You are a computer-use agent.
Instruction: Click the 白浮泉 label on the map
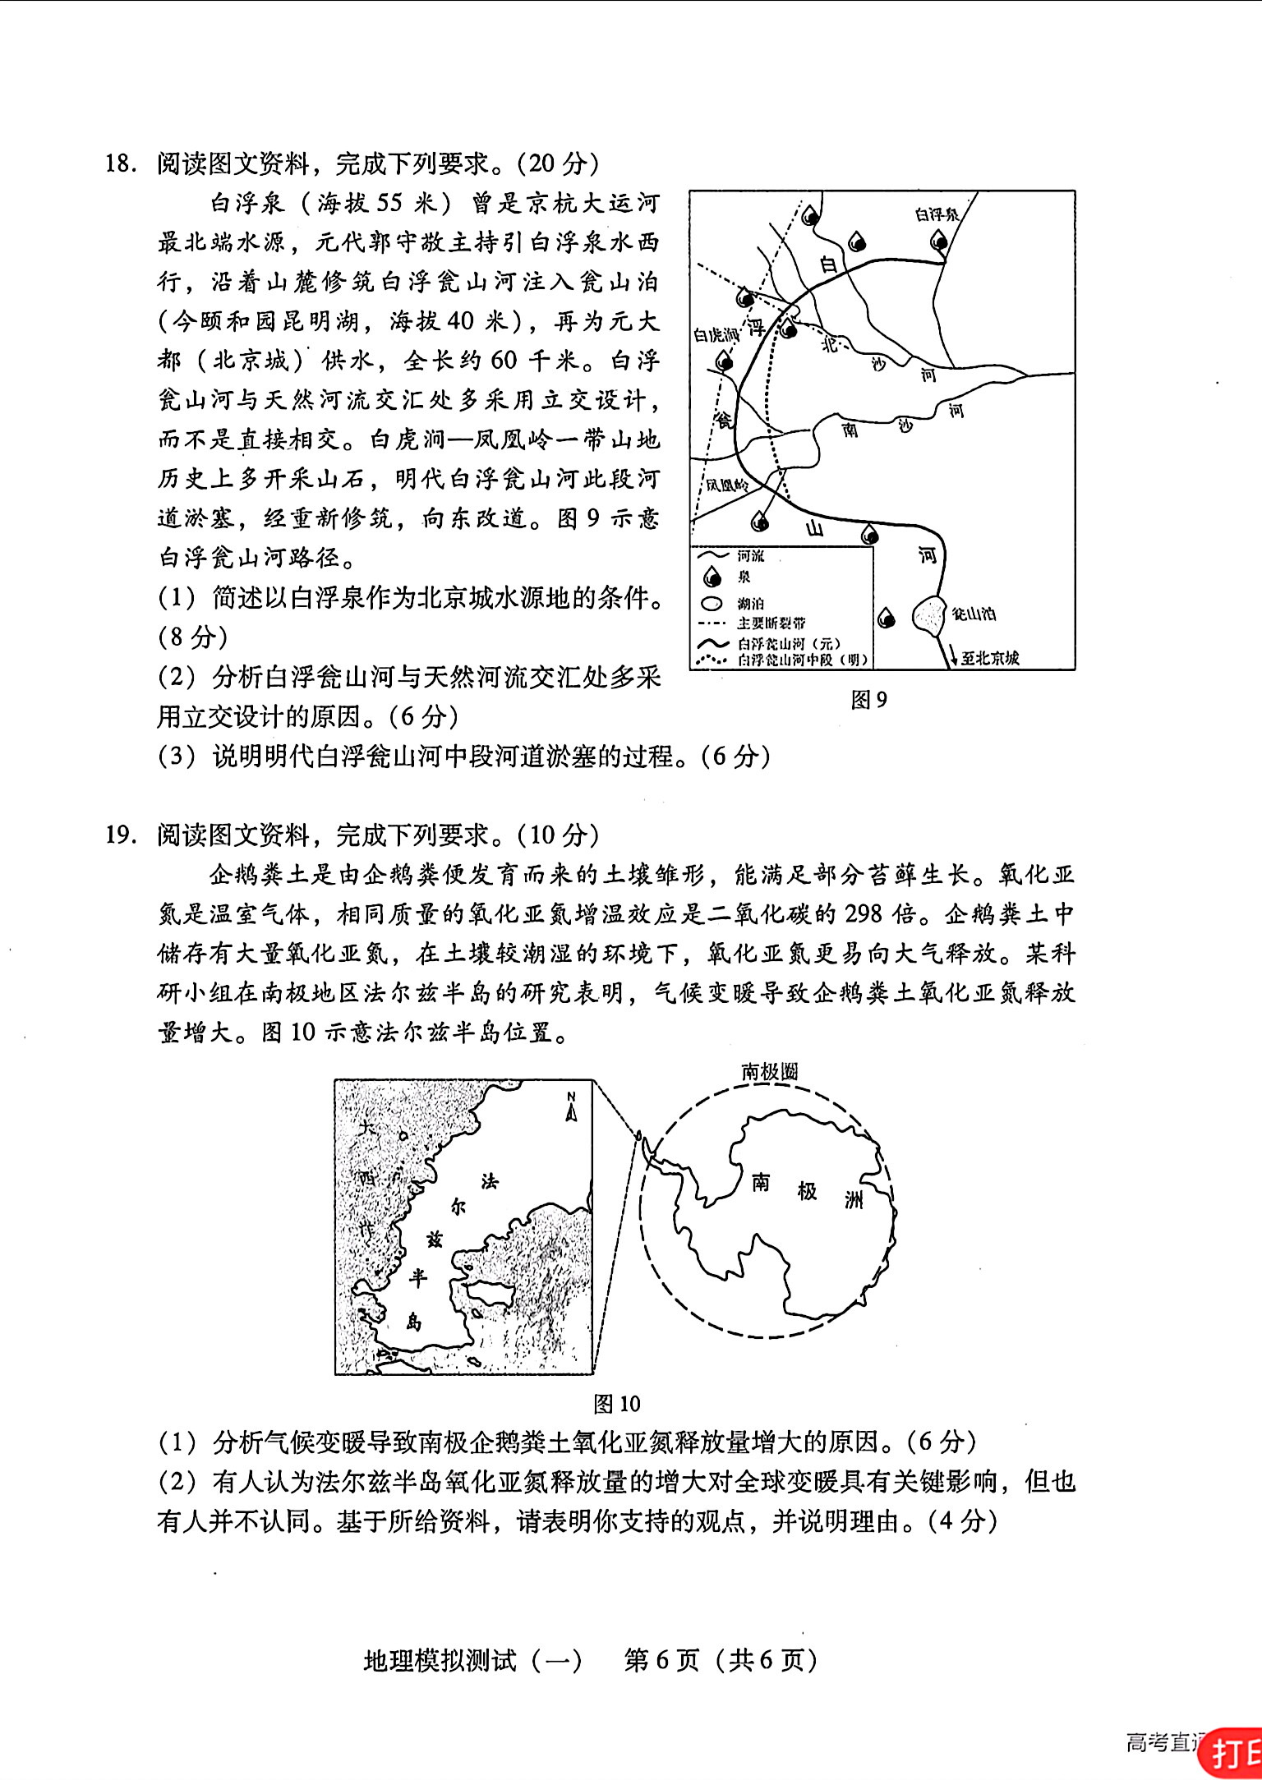click(937, 214)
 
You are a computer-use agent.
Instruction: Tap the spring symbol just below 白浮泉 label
click(939, 241)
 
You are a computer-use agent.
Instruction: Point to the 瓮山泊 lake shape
click(930, 616)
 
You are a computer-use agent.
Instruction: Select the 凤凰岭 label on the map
click(728, 485)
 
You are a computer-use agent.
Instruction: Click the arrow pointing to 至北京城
click(953, 655)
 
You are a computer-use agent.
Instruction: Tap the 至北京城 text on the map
click(990, 657)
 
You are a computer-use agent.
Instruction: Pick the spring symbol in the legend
click(712, 577)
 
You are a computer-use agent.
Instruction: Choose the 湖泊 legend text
click(750, 604)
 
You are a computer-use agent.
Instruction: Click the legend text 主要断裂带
click(771, 623)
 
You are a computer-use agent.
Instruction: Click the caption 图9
click(869, 700)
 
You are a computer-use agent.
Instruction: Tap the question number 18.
click(120, 163)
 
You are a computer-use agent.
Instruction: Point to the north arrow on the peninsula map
click(572, 1108)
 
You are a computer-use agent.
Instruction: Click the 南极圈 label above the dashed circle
click(770, 1072)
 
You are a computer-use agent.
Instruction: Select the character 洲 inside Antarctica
click(854, 1200)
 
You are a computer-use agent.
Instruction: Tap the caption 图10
click(617, 1404)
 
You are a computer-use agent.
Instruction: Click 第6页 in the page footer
click(661, 1661)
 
